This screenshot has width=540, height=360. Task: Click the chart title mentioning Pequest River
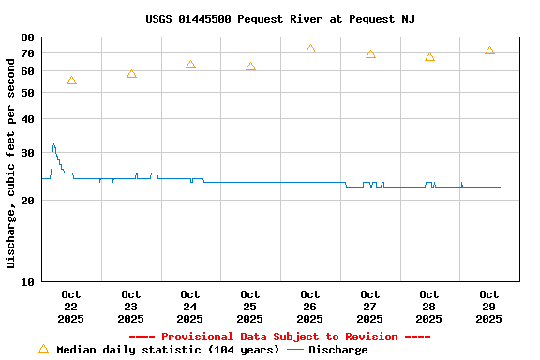280,19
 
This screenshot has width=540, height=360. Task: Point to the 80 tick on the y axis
26,37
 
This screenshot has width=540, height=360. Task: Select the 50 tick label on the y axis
26,93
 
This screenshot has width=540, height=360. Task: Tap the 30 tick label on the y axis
26,153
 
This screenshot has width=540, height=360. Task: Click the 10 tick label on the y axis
26,281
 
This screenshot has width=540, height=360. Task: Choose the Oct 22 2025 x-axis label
71,307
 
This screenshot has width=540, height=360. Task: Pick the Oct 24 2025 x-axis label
190,307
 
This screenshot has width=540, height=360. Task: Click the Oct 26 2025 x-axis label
310,307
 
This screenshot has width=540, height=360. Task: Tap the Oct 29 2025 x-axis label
488,307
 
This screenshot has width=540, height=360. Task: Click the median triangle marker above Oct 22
71,81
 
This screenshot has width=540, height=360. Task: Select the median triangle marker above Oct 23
131,73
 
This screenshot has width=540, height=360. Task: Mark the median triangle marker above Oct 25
250,67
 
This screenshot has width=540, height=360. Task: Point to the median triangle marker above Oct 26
310,48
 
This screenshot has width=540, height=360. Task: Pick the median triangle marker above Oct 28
429,56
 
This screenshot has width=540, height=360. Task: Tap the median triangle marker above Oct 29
489,50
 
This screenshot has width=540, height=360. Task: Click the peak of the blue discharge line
53,144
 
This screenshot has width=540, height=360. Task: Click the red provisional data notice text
279,337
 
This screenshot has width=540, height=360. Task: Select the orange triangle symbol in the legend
43,349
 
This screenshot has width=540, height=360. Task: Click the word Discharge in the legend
337,350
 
